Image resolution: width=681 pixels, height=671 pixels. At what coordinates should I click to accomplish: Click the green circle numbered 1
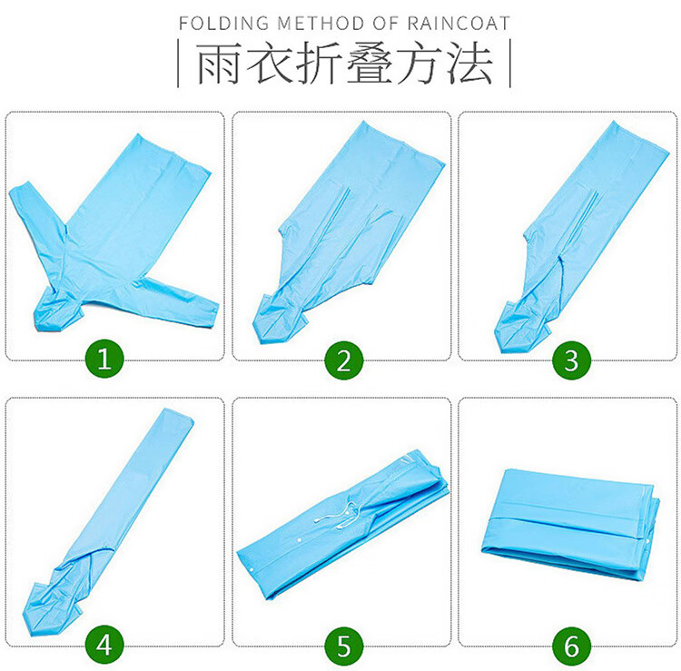[104, 359]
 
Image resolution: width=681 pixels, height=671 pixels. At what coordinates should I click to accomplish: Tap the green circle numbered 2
[343, 360]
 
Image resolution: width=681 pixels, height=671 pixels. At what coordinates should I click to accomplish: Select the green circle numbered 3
[571, 360]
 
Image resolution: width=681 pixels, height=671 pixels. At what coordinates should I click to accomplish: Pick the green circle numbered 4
[104, 645]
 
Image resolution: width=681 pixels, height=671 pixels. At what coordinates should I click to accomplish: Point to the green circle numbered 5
[343, 646]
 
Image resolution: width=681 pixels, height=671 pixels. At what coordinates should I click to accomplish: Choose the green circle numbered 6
[571, 646]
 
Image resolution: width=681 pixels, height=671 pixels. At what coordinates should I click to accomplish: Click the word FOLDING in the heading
[224, 23]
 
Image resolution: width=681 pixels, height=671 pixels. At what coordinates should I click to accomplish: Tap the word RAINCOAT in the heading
[459, 23]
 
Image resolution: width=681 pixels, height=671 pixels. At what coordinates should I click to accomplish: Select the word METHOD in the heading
[321, 23]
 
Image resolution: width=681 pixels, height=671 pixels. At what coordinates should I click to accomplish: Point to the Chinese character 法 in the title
[470, 63]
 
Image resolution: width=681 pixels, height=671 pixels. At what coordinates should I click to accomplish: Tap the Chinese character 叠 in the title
[370, 63]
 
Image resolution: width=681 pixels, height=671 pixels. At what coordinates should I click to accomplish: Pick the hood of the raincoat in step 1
[56, 310]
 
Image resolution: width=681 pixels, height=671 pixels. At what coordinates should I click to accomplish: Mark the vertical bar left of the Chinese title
[178, 63]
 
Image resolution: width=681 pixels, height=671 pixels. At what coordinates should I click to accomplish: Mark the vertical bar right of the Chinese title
[510, 63]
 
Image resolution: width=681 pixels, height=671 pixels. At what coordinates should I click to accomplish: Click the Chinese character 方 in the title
[420, 63]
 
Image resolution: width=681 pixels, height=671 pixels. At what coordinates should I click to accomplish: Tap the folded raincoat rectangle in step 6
[570, 523]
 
